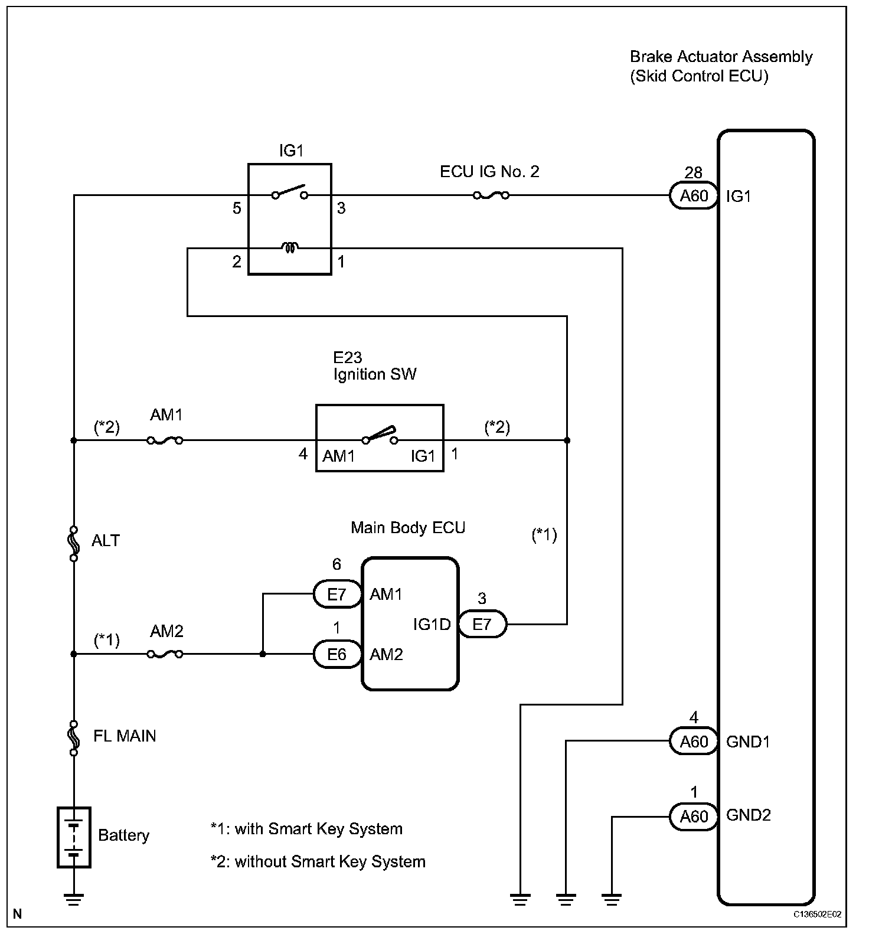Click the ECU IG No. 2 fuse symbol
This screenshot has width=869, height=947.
click(491, 195)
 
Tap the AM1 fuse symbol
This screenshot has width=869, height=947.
click(164, 440)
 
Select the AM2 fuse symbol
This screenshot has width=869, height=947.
click(164, 654)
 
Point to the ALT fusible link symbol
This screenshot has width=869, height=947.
click(74, 543)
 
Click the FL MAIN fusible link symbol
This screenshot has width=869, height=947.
click(74, 738)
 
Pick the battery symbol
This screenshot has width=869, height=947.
click(74, 837)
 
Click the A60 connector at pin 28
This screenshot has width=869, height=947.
click(694, 195)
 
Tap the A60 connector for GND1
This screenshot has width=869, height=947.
click(694, 741)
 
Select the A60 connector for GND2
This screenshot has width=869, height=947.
click(694, 816)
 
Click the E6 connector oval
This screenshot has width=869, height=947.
click(337, 654)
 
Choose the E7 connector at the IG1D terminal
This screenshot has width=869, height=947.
click(482, 624)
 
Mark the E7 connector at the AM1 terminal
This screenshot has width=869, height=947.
click(337, 594)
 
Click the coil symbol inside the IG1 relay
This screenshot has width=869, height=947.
click(289, 248)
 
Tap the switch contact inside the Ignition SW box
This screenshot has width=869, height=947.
click(380, 436)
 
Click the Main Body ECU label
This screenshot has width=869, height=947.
click(408, 527)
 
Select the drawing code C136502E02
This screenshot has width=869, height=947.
click(817, 915)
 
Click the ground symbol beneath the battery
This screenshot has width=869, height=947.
click(74, 900)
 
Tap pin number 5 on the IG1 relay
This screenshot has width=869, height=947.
click(237, 208)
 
